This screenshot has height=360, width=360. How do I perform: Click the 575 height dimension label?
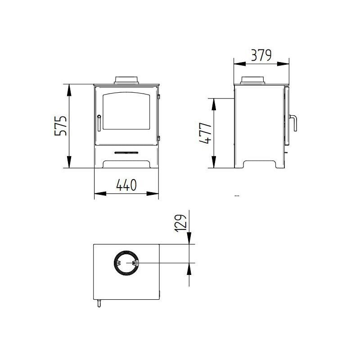61,126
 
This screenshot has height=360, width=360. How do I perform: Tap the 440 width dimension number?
126,185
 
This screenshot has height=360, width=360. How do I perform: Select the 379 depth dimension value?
261,55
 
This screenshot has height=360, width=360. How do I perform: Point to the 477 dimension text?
205,133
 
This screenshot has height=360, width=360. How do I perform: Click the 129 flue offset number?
180,223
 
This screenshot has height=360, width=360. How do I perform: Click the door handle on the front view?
99,123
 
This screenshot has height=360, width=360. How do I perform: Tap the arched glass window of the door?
126,111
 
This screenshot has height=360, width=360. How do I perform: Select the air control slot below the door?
126,153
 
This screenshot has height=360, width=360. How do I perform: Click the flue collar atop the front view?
126,80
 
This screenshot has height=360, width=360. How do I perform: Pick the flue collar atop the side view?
252,81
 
